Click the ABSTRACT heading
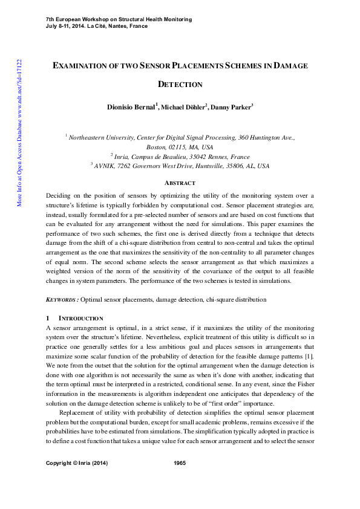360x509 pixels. (x=180, y=183)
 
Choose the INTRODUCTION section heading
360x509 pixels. (x=80, y=318)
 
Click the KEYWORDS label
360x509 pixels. (x=62, y=299)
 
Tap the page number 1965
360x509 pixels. (x=180, y=480)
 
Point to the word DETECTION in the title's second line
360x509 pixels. (x=180, y=85)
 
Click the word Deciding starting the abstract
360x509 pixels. (x=59, y=196)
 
